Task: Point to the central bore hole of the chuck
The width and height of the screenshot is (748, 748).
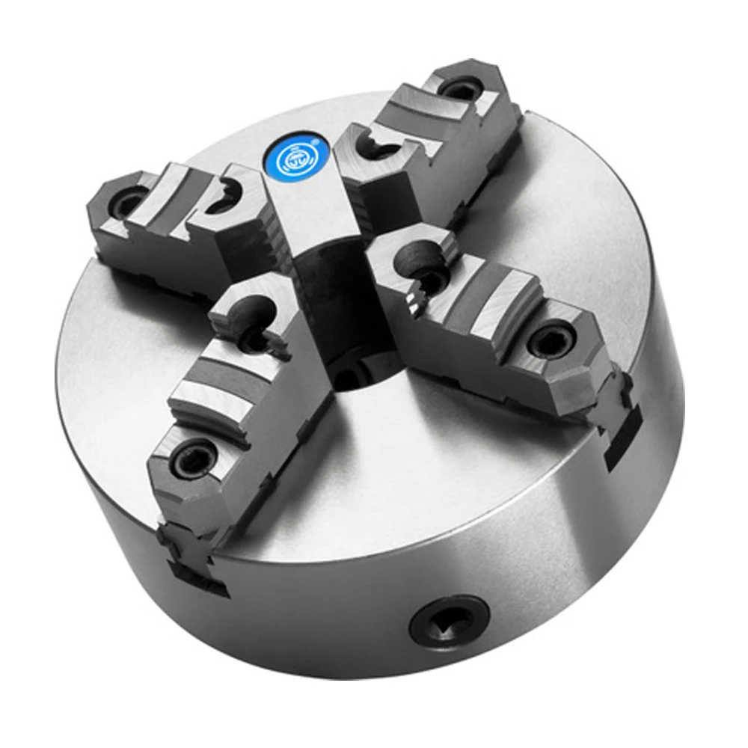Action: click(x=358, y=374)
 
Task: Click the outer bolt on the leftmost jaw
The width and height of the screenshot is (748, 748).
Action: click(x=129, y=200)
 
